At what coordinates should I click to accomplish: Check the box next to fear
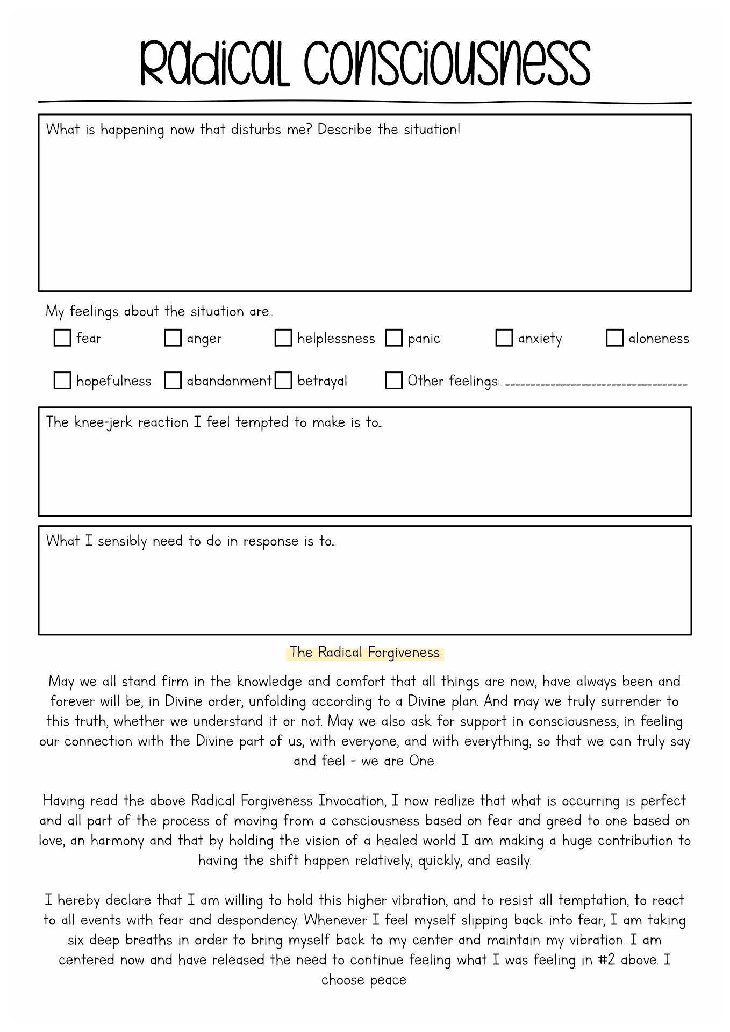tap(62, 338)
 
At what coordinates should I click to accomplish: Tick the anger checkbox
tap(173, 338)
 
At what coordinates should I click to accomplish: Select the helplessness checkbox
tap(283, 338)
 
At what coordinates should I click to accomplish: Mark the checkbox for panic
tap(394, 338)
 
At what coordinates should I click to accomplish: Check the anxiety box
tap(504, 338)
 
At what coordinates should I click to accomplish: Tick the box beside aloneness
tap(614, 338)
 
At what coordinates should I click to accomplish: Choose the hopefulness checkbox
tap(62, 381)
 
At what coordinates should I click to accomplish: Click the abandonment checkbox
tap(173, 381)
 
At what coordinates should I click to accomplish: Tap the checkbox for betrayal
tap(283, 381)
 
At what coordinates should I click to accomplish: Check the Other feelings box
tap(394, 381)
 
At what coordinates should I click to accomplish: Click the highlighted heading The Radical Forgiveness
tap(365, 653)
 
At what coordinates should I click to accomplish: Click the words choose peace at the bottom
tap(365, 980)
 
